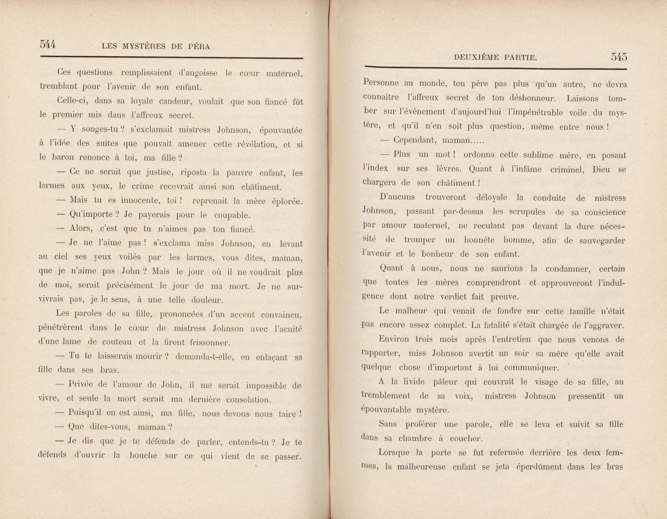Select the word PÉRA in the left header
coord(199,46)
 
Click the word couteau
coord(117,342)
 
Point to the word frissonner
coord(210,342)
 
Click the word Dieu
coord(601,169)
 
